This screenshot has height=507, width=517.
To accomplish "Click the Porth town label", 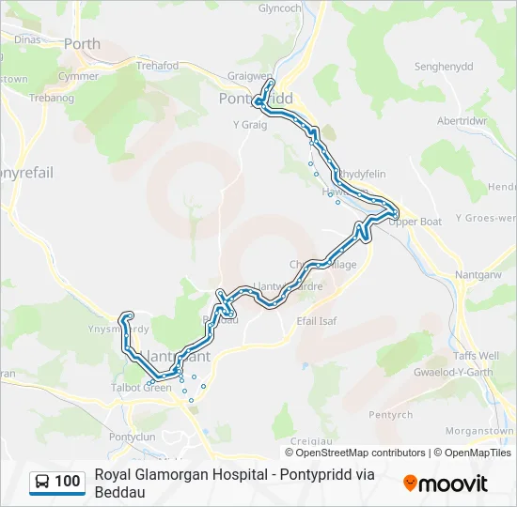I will (82, 43).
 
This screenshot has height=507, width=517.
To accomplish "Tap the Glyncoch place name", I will (281, 8).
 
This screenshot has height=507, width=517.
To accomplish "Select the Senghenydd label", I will (446, 68).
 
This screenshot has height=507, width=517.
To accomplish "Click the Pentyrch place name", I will (390, 414).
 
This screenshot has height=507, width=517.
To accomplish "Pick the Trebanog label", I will (52, 98).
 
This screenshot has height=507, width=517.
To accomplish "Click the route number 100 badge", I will (67, 482).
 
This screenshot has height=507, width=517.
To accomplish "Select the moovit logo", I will (446, 484).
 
